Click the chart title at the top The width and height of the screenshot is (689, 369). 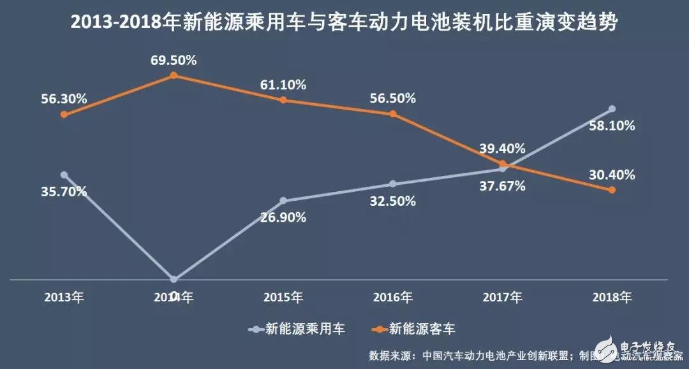pos(344,23)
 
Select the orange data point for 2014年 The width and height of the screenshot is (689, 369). pos(174,76)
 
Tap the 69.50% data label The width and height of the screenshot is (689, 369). pos(174,61)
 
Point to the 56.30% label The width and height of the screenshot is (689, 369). pos(64,99)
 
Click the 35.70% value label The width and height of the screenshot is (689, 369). pos(64,191)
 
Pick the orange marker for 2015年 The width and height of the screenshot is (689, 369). pos(283,100)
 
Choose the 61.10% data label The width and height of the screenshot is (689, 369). pos(283,84)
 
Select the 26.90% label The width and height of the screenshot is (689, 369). pos(283,217)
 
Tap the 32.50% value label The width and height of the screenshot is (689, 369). pos(393,201)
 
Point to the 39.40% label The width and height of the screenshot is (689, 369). pos(503,148)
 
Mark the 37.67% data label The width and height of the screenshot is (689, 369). pos(503,186)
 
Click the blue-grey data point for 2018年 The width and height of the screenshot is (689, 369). pos(612,108)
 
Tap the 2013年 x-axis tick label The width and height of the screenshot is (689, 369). pos(64,297)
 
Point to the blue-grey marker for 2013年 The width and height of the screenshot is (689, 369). pos(64,174)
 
